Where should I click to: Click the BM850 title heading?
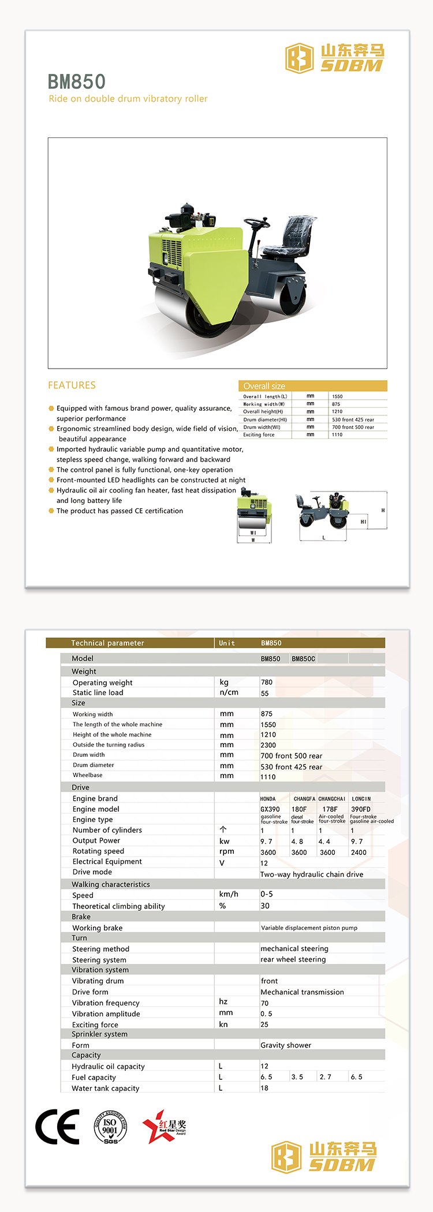76,81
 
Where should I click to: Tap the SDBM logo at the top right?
335,58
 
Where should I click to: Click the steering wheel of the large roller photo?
257,222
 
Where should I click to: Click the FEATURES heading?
72,385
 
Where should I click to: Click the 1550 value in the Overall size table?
337,397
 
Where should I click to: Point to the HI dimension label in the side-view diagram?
363,521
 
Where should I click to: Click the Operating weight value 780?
267,682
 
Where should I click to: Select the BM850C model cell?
303,659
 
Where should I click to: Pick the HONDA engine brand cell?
268,799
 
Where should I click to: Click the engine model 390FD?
361,809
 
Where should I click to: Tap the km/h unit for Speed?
229,894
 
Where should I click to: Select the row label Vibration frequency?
106,1003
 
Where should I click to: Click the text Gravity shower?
286,1045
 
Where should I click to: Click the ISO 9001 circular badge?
110,1127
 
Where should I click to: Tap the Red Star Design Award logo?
165,1126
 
